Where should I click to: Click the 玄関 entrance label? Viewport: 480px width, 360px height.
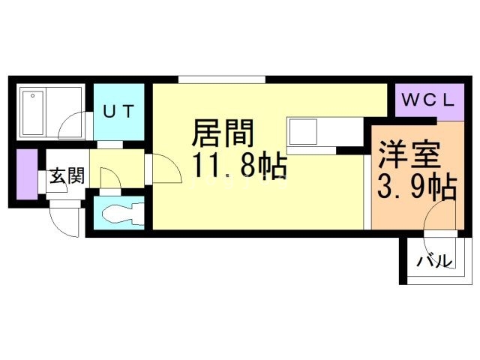point(66,177)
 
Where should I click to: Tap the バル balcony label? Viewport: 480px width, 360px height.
point(435,262)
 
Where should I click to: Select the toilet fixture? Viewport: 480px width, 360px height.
point(119,213)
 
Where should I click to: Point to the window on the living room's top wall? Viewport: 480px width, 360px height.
point(222,79)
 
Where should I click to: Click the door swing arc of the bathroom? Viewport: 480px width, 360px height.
point(73,124)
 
